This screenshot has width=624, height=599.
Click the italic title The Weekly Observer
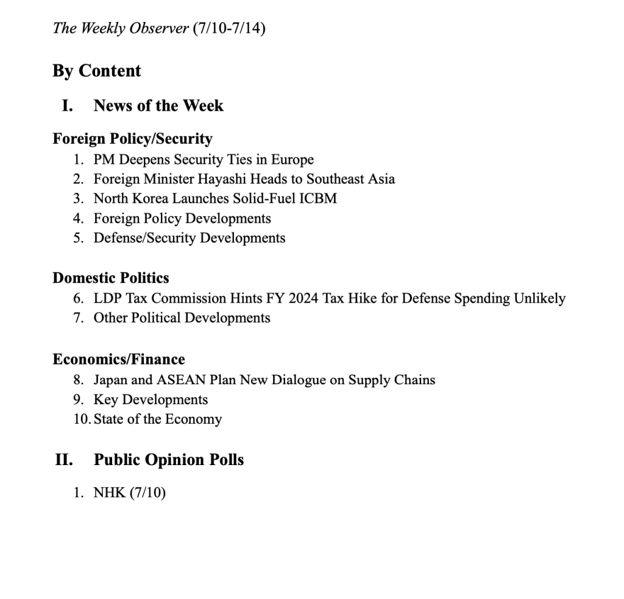tap(121, 28)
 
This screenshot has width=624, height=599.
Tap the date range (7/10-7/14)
tap(229, 28)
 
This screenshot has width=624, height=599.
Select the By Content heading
tap(96, 71)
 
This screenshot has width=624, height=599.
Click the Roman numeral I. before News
tap(67, 105)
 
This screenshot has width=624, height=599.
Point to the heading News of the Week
tap(158, 105)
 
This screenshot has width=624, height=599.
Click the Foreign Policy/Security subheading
tap(132, 139)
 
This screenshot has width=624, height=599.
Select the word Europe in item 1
tap(292, 159)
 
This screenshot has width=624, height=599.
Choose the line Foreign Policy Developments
tap(182, 218)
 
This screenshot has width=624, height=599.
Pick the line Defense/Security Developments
tap(189, 237)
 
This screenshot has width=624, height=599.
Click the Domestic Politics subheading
tap(110, 278)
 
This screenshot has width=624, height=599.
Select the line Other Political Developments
tap(182, 318)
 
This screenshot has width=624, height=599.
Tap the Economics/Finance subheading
tap(118, 359)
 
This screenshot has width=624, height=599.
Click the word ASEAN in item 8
tap(178, 380)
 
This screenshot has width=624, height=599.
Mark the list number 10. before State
tap(82, 419)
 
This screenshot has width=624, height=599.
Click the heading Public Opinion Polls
tap(168, 460)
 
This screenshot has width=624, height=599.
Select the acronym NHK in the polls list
tap(109, 492)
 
